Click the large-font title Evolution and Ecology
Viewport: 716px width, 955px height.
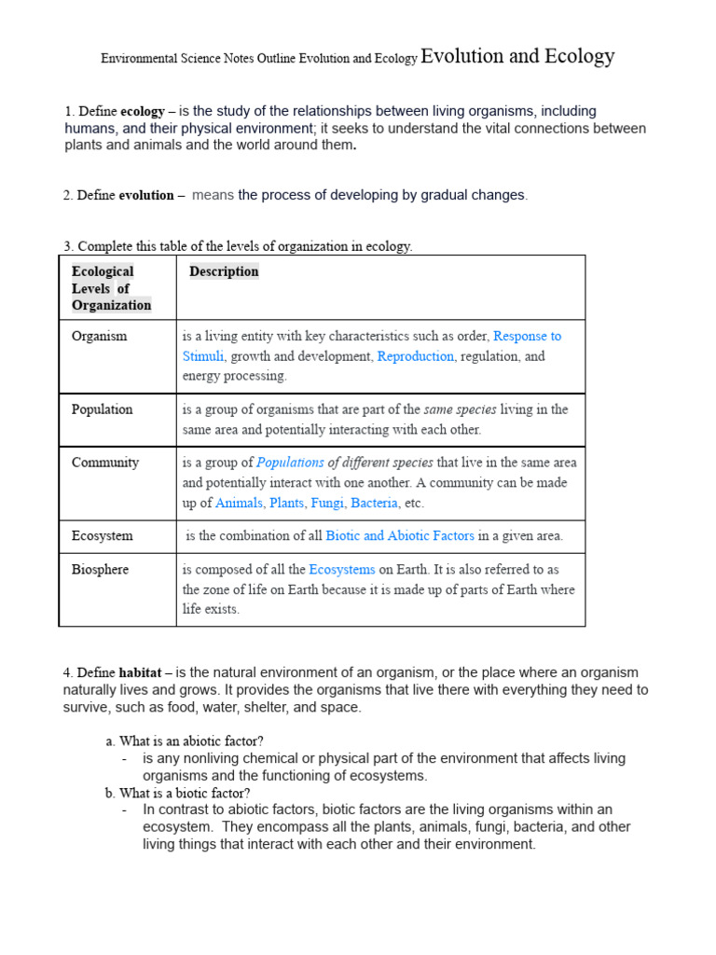517,57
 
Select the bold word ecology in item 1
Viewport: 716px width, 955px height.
143,112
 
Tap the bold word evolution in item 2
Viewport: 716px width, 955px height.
146,196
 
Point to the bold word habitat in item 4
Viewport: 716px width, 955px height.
141,672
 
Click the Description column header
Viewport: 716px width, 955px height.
224,271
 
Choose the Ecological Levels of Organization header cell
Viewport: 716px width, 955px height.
111,288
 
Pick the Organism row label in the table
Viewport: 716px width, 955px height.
99,336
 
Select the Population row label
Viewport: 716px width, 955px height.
102,409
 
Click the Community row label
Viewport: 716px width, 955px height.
104,463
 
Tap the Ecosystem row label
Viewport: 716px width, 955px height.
102,536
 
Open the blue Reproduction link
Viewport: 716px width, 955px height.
415,356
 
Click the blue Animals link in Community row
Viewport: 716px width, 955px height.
239,504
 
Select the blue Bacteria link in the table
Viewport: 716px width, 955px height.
374,504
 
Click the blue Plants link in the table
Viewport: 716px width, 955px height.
286,504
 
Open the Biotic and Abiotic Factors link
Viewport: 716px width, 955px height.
400,536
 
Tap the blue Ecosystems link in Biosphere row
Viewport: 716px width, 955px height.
342,569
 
